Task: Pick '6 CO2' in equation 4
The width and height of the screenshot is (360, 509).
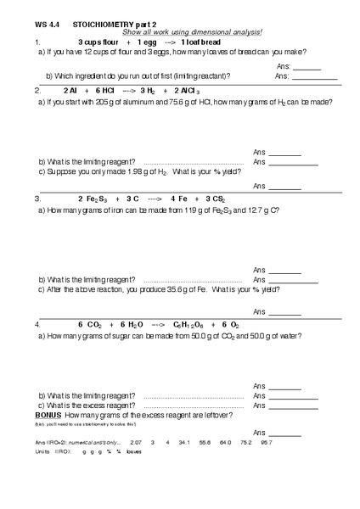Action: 90,325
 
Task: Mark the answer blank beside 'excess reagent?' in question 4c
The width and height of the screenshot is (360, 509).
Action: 297,405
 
